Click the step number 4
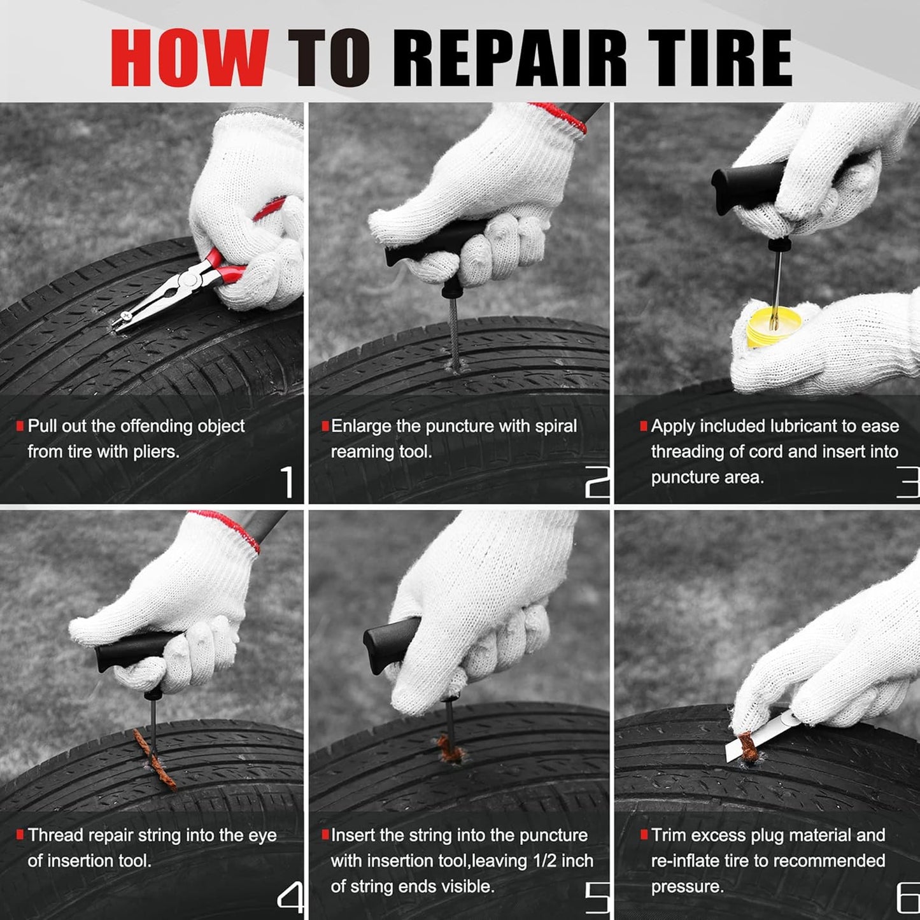tap(290, 898)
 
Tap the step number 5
tap(597, 898)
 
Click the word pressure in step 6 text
tap(687, 886)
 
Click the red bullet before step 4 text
tap(20, 834)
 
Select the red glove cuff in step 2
tap(560, 117)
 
